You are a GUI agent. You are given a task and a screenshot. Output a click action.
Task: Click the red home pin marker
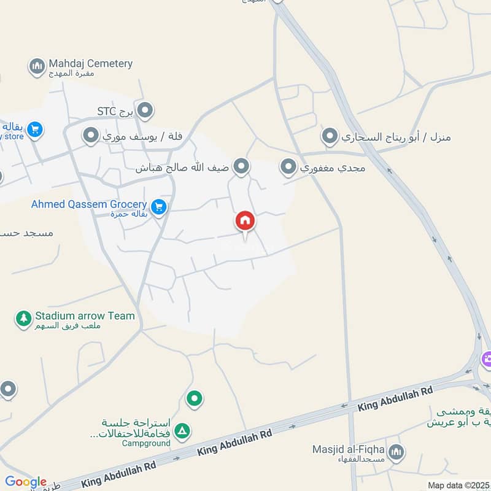coord(245,221)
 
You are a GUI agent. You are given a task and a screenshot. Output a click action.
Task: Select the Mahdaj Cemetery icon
coord(37,65)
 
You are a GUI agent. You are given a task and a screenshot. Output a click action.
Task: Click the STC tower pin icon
coord(145,111)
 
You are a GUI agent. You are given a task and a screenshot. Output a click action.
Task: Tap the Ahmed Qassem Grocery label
coord(89,204)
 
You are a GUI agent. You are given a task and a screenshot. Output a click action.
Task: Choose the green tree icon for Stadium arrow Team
coord(23,318)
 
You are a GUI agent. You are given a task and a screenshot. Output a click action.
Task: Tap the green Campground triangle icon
coord(182,431)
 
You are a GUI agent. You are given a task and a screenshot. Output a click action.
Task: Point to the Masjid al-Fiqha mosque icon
coord(396,452)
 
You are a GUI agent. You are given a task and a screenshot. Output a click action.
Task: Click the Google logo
coord(26,482)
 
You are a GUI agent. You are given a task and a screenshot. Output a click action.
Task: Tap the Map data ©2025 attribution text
coord(458,485)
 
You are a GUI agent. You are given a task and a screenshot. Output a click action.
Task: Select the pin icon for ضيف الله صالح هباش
coord(242,166)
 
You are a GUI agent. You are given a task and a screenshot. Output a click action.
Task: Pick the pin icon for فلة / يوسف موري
coord(91,135)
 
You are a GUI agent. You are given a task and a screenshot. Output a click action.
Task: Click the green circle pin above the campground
coord(195,400)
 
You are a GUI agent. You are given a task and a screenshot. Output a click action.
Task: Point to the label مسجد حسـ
coord(27,233)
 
